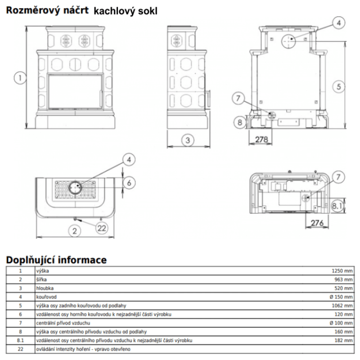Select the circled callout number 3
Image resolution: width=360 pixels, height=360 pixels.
(189, 139)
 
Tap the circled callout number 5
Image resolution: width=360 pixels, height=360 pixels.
(339, 86)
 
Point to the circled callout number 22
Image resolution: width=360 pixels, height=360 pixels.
(102, 228)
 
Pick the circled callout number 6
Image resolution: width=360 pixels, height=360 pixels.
(129, 183)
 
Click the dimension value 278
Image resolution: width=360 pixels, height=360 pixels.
(261, 139)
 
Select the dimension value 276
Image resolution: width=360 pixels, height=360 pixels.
(318, 223)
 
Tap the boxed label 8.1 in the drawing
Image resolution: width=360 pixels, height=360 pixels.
(337, 207)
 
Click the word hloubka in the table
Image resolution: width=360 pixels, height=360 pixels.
(44, 288)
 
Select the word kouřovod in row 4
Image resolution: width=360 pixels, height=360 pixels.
(46, 297)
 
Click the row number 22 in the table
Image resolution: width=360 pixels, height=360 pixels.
(20, 349)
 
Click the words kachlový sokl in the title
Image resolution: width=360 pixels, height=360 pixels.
(126, 11)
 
